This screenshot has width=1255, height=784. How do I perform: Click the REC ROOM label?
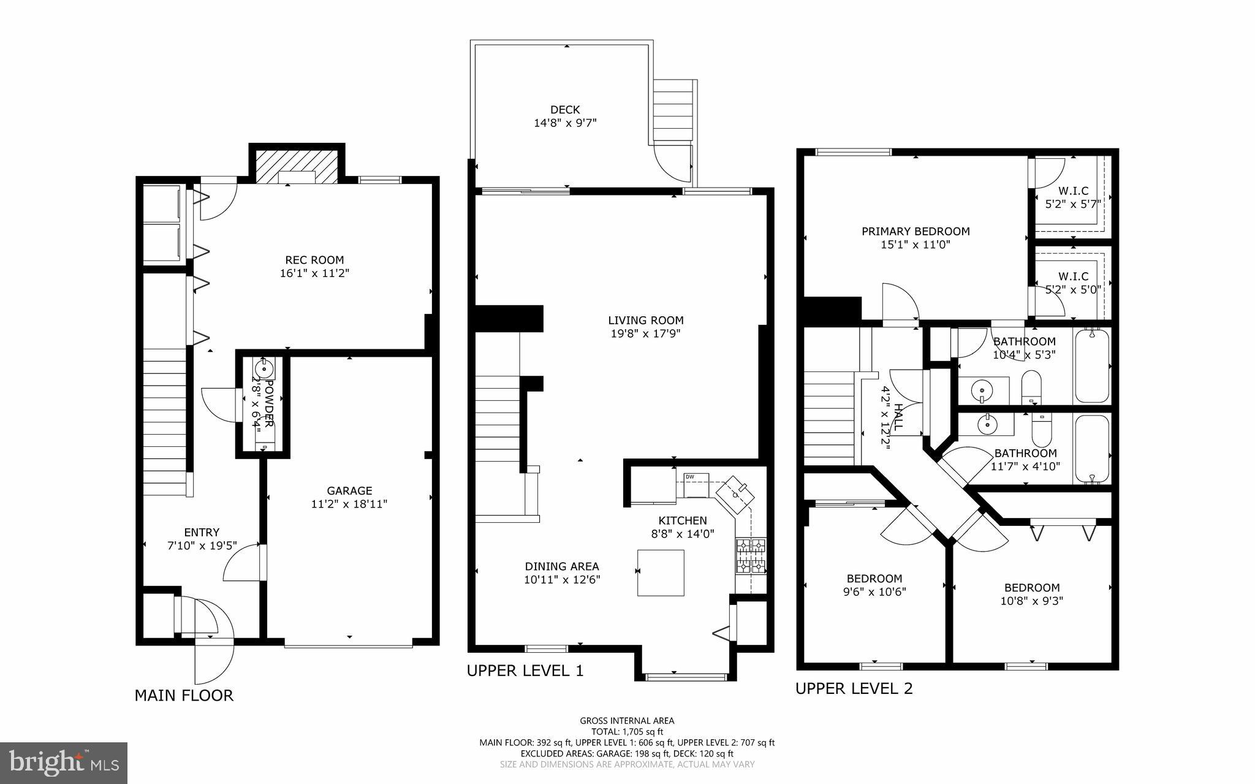click(x=314, y=260)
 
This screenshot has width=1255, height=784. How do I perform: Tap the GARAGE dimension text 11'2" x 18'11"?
click(x=349, y=504)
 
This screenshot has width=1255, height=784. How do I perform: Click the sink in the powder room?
click(x=264, y=370)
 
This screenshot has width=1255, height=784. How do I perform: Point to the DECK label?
click(x=565, y=110)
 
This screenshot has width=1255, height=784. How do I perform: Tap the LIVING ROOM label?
click(x=646, y=320)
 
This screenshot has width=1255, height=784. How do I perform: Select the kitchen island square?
click(x=661, y=573)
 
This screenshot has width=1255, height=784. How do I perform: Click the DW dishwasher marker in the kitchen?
click(x=690, y=477)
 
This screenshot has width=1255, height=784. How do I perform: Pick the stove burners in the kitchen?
click(x=751, y=555)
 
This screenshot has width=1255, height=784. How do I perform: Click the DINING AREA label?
click(x=562, y=566)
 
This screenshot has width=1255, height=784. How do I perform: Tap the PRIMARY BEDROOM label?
click(x=916, y=231)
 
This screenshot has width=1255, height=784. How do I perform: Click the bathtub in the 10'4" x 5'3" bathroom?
click(x=1092, y=365)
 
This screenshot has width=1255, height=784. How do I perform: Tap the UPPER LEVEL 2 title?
click(x=854, y=688)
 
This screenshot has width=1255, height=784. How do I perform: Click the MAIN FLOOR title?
click(x=184, y=695)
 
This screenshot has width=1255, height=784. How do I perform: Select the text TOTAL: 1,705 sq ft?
click(x=627, y=731)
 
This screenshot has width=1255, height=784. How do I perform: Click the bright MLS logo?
click(x=64, y=763)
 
